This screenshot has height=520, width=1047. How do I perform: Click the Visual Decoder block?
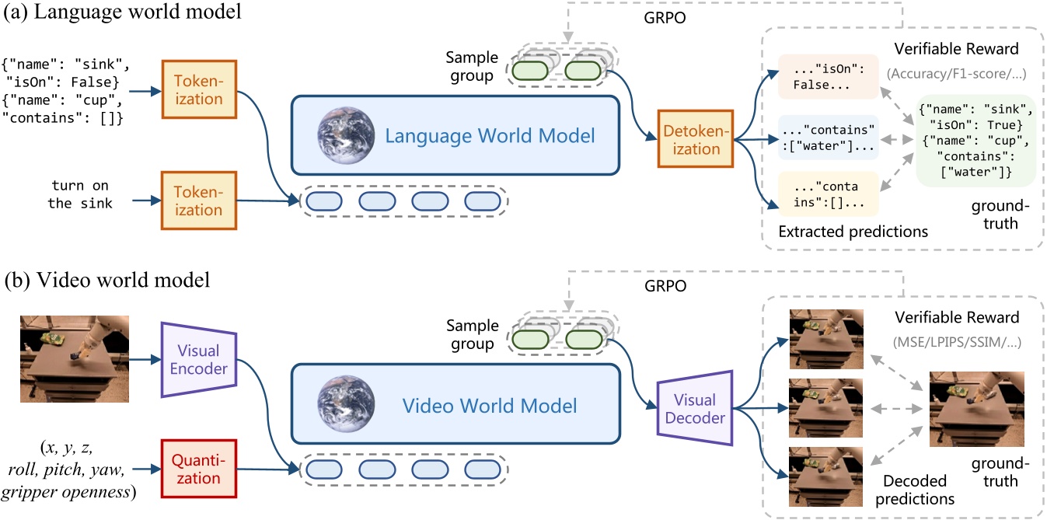[694, 409]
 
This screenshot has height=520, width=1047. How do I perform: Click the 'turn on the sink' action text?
[82, 195]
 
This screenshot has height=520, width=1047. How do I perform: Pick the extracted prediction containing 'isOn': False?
[827, 76]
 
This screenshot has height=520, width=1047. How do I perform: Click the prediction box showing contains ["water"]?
[827, 138]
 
